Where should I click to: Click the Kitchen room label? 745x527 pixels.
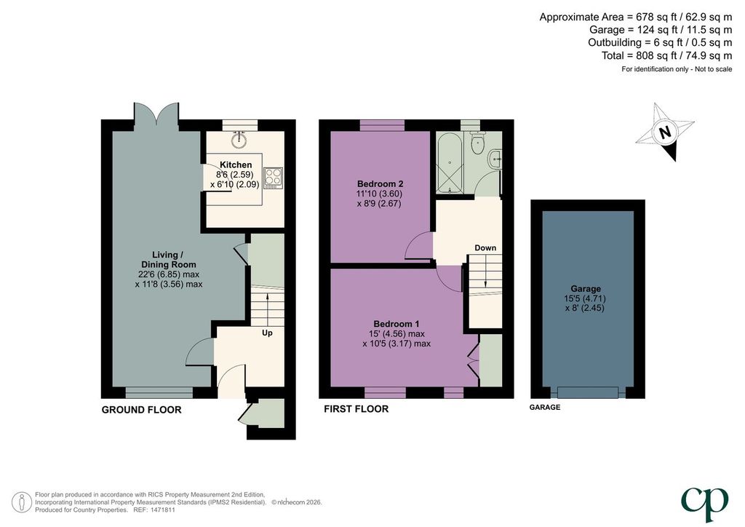(236, 165)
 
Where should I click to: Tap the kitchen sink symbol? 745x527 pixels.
(239, 139)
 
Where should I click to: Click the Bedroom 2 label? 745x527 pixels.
(380, 184)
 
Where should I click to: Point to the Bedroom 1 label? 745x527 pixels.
(397, 324)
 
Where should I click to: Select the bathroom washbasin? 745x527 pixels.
(495, 158)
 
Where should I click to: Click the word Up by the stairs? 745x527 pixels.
(268, 333)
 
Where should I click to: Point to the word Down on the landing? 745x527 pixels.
(485, 247)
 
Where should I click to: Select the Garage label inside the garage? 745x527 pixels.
(586, 288)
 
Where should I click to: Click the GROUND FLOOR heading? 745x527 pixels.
(142, 410)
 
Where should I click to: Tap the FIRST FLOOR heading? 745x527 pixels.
(356, 408)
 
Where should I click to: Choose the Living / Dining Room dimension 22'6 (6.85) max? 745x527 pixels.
(169, 274)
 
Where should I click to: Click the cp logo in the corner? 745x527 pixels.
(704, 503)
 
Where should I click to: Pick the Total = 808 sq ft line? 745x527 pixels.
(666, 55)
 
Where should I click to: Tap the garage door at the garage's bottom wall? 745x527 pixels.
(588, 392)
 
